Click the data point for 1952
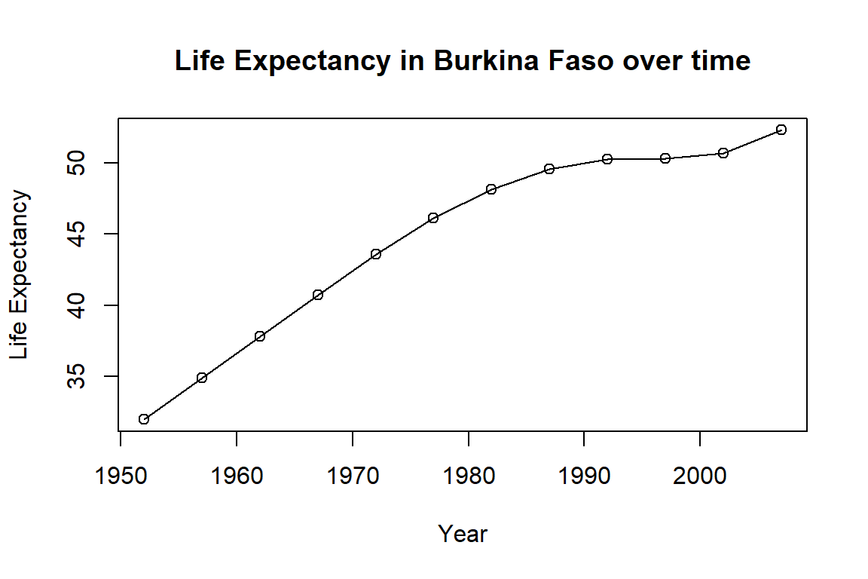[144, 419]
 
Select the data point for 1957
[202, 378]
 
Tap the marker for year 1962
[260, 336]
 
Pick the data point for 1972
[376, 254]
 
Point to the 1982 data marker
[491, 189]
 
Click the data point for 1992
[607, 159]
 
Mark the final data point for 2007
[781, 130]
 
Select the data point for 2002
[723, 153]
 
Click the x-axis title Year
[463, 534]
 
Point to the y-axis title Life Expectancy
[21, 275]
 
